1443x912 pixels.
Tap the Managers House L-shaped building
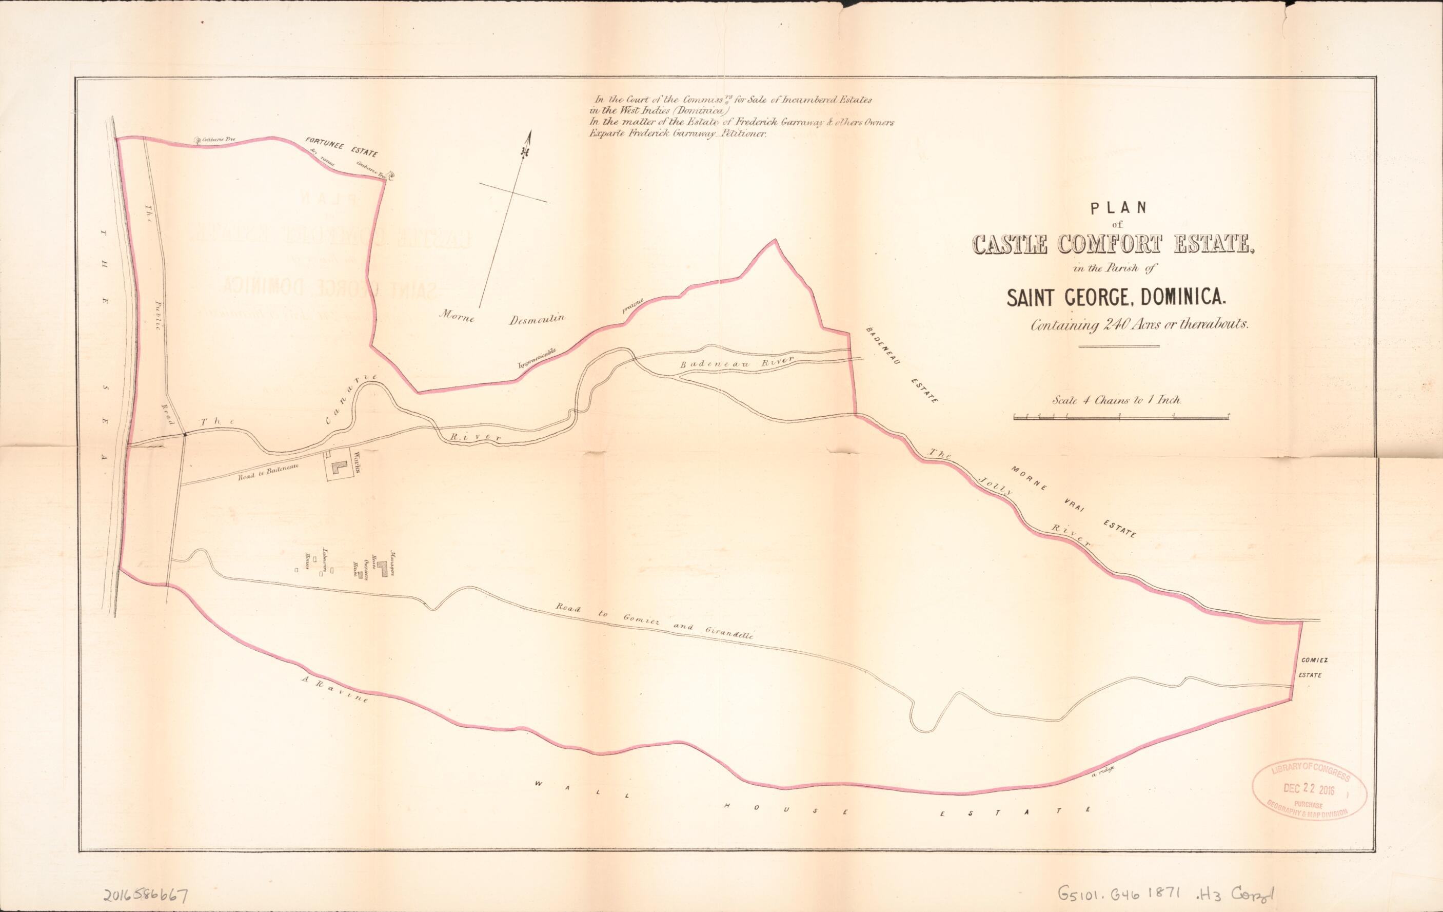(381, 570)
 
